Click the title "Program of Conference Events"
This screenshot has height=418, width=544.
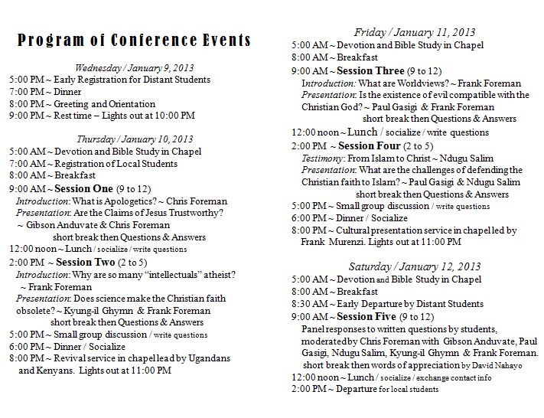click(134, 41)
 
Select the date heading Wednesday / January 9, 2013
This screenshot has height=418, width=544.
click(134, 67)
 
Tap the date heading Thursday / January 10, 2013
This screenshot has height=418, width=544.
click(134, 139)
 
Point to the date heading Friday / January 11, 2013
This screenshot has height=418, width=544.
click(414, 32)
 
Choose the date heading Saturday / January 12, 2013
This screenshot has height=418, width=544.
click(414, 266)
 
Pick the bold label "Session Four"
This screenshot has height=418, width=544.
click(369, 145)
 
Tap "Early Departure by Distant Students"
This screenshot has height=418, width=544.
click(412, 304)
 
